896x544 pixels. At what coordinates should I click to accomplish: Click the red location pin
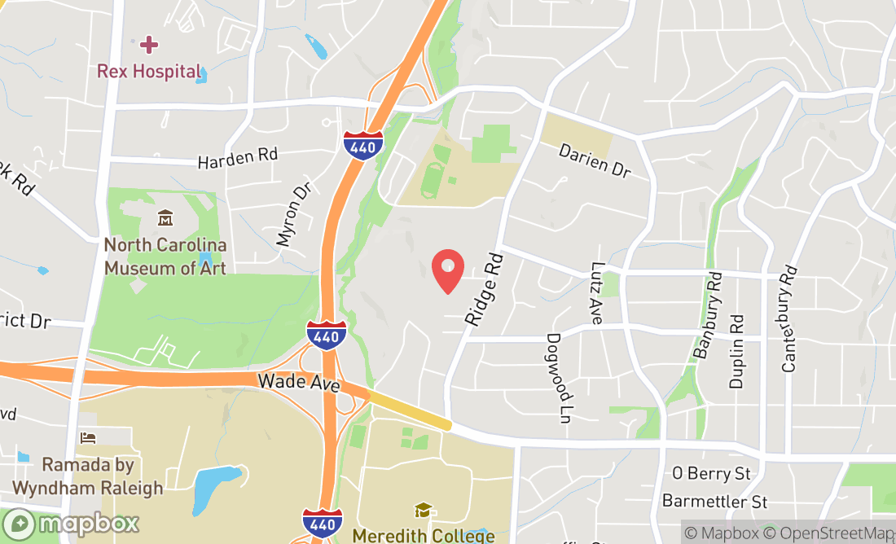[x=447, y=270]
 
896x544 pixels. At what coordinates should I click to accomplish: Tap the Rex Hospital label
[x=148, y=72]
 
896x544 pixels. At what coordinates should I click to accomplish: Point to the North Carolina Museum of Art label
[x=165, y=256]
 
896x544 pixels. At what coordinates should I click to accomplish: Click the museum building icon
[x=165, y=218]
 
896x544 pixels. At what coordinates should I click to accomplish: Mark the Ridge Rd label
[x=484, y=289]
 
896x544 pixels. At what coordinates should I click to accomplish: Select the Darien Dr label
[x=595, y=160]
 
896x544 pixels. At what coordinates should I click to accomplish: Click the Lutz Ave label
[x=596, y=292]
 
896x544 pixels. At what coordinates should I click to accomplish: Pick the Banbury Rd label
[x=706, y=316]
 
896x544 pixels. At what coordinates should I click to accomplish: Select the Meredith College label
[x=423, y=535]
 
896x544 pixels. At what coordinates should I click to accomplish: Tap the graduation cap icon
[x=423, y=511]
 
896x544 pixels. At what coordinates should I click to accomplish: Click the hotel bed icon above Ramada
[x=88, y=438]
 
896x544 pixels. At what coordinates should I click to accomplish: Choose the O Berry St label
[x=711, y=473]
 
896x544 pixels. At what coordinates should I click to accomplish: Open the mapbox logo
[x=71, y=523]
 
